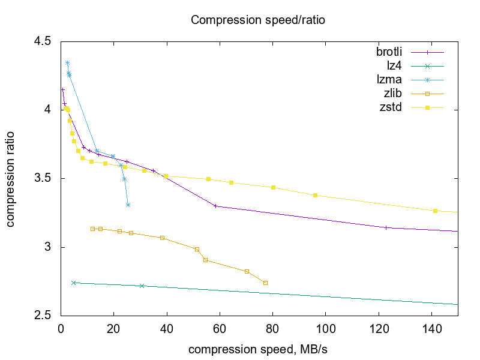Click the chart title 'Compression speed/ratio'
[x=257, y=20]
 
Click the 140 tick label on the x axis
[x=431, y=328]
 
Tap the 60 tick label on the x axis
[x=220, y=328]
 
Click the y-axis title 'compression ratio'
[x=11, y=179]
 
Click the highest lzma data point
[x=67, y=62]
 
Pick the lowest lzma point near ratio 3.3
[x=128, y=205]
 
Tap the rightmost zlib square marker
[x=265, y=283]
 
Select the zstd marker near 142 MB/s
[x=435, y=211]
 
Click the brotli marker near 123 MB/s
[x=386, y=227]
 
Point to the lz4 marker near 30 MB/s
[x=142, y=286]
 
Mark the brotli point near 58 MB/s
[x=215, y=206]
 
